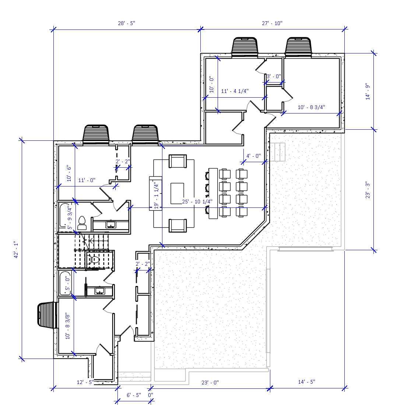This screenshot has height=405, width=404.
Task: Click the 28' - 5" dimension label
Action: coord(126,23)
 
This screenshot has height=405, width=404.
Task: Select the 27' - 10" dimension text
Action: coord(272,23)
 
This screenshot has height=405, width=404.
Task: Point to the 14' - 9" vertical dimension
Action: coord(367,91)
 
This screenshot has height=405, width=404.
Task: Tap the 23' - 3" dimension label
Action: coord(367,190)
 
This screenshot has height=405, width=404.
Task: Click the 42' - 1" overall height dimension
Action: coord(15,250)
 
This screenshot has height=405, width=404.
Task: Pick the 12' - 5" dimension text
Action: coord(85,382)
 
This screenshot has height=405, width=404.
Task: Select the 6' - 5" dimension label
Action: coord(134,395)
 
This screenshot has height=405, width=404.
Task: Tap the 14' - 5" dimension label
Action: coord(306,382)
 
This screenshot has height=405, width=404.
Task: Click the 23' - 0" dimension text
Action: coord(210,383)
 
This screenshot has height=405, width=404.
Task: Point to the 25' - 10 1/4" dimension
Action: coord(197,202)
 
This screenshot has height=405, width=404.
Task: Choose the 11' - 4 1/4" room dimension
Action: coord(235,91)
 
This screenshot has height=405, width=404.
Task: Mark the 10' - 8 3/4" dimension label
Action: coord(312,107)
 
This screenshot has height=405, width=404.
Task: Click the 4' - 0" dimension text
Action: coord(253,156)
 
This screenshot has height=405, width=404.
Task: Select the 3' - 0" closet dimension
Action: coord(274,76)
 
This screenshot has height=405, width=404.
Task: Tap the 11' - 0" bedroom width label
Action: coord(87,180)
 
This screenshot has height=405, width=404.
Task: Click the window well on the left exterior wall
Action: coord(48,315)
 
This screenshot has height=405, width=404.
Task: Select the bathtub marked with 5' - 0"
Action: coord(65,283)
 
